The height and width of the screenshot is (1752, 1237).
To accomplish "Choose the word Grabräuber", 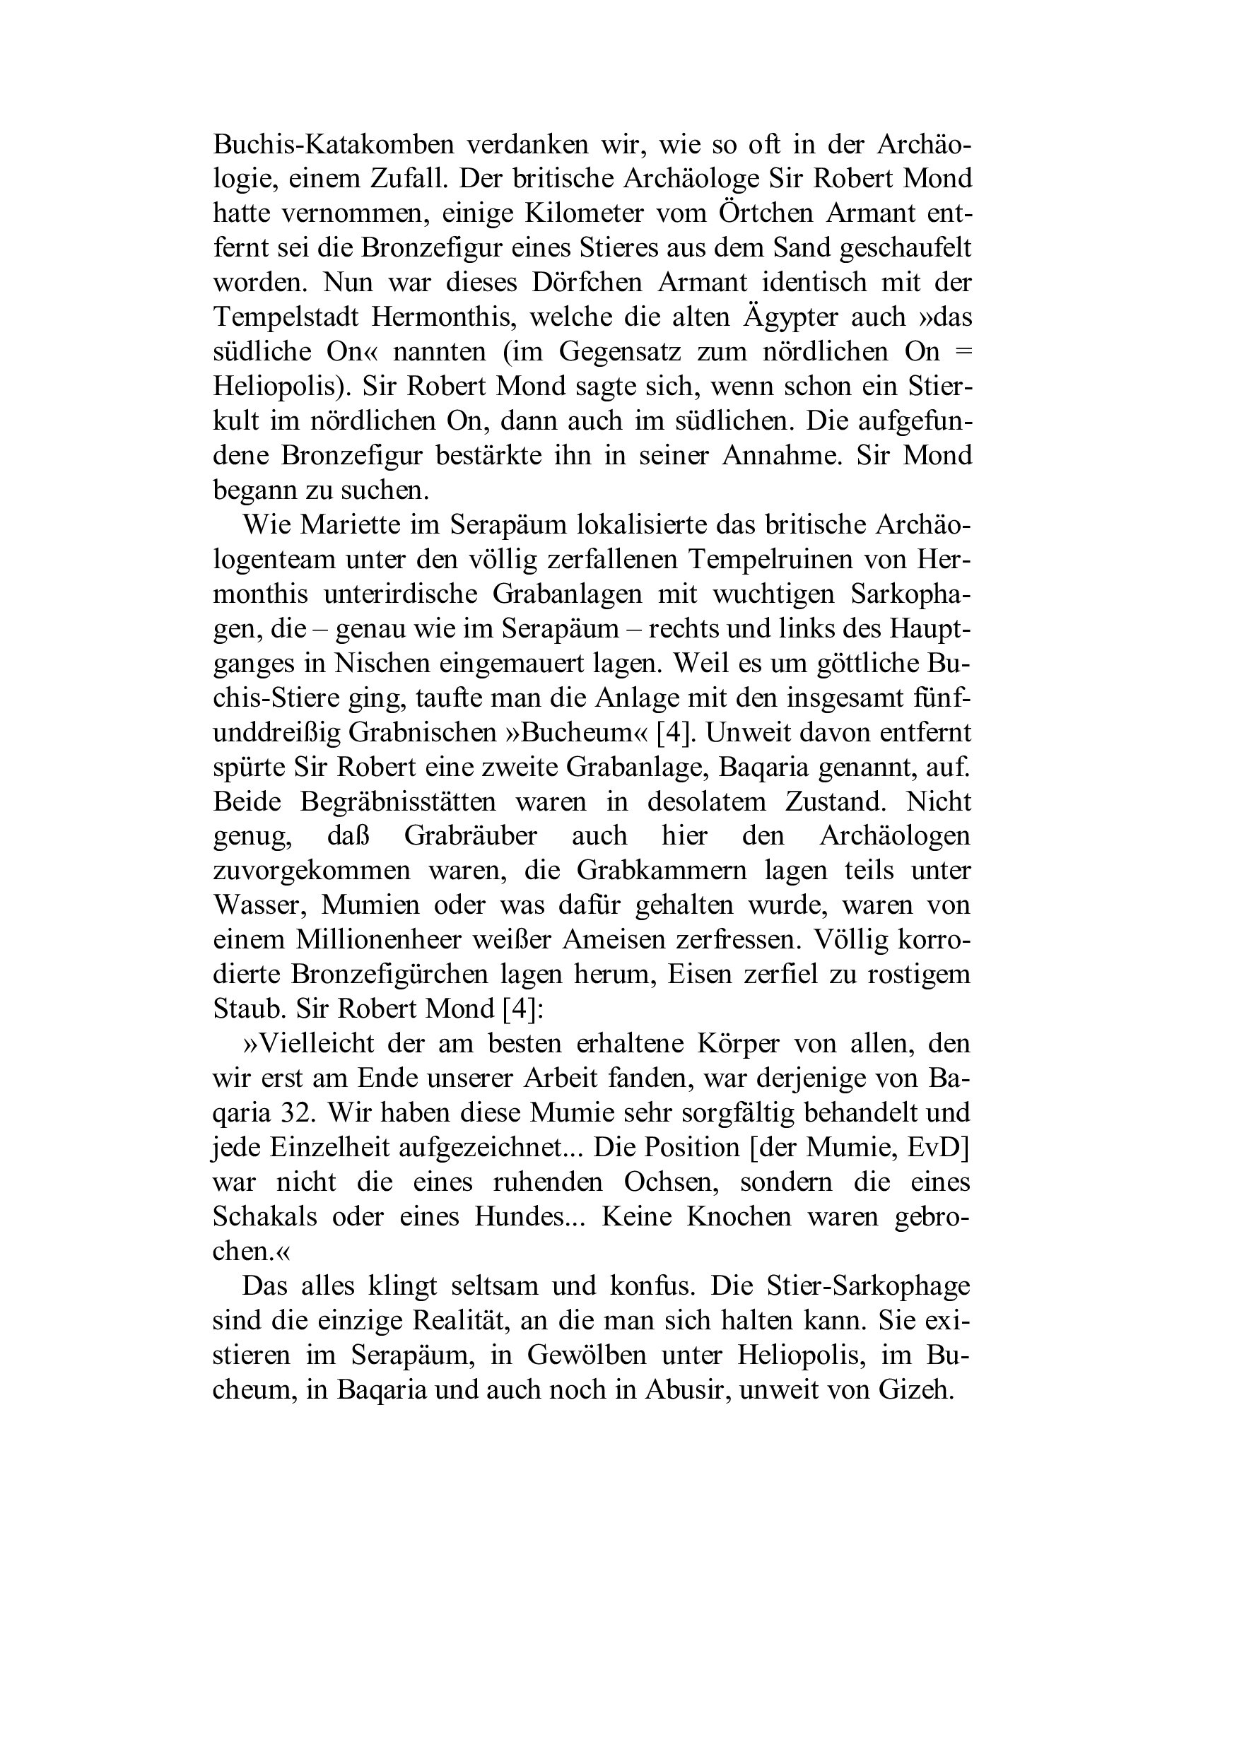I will click(470, 836).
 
